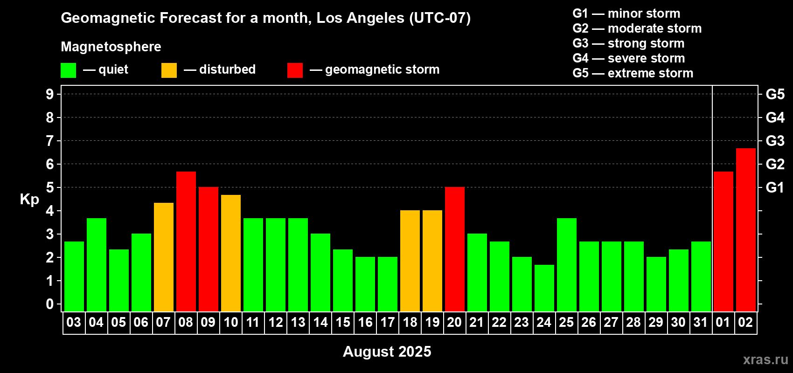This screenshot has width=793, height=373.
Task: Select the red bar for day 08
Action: tap(186, 242)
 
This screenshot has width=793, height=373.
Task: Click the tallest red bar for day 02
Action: tap(745, 230)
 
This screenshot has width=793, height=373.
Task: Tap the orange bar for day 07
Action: tap(164, 257)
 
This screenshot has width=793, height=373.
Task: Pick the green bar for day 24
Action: tap(544, 288)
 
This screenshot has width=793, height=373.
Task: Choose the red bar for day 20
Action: tap(454, 249)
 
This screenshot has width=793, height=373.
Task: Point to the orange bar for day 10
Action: tap(231, 253)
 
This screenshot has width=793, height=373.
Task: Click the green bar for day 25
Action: tap(566, 265)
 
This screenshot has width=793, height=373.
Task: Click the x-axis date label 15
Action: tap(343, 322)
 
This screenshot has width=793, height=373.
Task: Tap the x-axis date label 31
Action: tap(701, 322)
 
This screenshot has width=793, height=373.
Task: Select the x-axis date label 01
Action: tap(723, 322)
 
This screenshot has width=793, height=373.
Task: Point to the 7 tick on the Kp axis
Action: tap(49, 141)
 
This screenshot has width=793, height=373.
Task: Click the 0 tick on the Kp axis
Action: tap(49, 304)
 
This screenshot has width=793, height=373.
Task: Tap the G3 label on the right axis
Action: tap(775, 141)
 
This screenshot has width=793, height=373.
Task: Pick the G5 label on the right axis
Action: tap(775, 94)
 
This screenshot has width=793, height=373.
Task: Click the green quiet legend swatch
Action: tap(68, 70)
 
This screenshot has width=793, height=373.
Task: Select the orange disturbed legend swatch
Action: tap(169, 70)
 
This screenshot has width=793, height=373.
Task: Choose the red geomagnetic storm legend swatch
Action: tap(295, 70)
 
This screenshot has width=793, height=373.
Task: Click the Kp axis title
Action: tap(29, 200)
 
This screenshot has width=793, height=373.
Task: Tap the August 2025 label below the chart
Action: tap(387, 352)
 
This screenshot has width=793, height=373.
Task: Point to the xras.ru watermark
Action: tap(765, 359)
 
